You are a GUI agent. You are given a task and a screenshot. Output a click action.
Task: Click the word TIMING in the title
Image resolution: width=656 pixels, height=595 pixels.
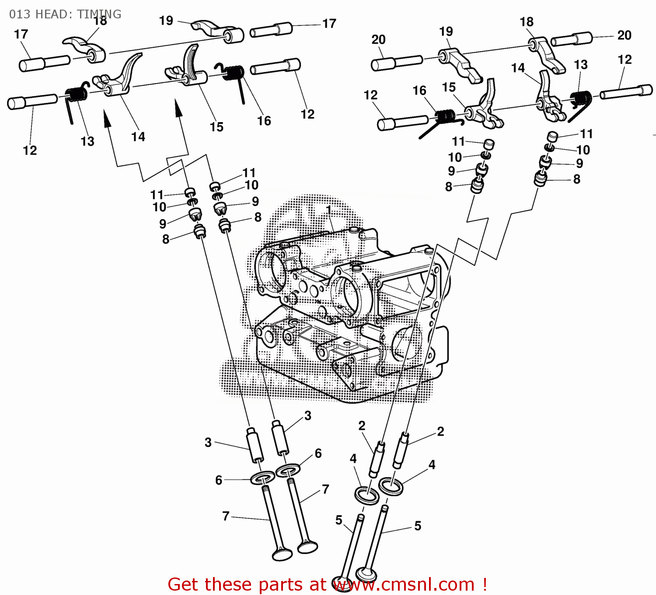99,14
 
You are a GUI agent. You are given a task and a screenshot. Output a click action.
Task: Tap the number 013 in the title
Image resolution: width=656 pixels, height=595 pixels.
20,14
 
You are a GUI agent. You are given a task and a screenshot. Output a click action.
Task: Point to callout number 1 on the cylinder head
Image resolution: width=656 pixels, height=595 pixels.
329,210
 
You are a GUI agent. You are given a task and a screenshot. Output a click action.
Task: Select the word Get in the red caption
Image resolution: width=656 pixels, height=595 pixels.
182,584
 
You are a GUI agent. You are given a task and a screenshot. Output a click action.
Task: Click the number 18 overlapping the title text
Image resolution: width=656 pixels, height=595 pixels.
100,21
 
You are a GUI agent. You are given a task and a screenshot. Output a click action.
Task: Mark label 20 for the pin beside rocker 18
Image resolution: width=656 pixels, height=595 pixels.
624,35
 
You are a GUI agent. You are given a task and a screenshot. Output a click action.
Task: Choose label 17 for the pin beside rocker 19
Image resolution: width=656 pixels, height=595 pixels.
329,24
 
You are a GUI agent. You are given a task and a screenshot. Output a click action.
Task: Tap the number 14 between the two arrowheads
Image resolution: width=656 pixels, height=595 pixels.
138,137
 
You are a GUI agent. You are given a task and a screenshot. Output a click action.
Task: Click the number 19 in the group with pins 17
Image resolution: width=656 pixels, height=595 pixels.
166,21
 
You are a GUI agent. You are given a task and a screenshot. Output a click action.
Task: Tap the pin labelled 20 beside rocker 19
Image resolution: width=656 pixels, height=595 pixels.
396,63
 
